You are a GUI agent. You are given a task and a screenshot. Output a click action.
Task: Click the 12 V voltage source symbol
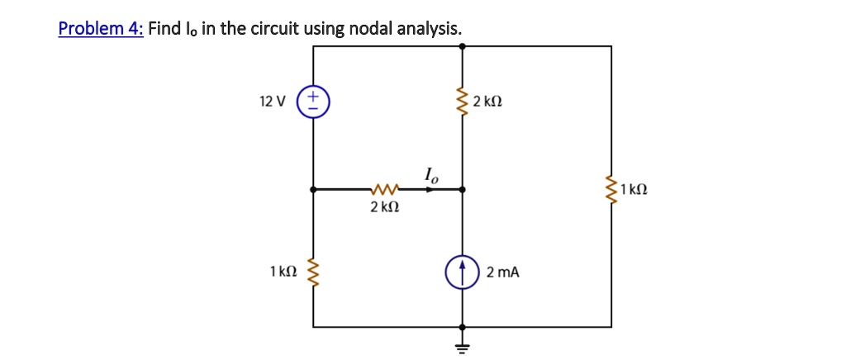pos(313,101)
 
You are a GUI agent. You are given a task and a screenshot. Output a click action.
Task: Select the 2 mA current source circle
pos(462,272)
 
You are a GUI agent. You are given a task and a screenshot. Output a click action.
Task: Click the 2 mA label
pos(503,272)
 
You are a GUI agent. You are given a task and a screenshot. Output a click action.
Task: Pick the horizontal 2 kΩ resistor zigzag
pos(385,189)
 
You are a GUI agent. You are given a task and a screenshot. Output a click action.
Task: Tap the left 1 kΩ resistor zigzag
pos(313,272)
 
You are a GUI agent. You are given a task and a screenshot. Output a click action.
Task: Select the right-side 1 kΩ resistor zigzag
pos(611,189)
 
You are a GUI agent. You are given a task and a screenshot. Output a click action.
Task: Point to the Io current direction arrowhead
pos(430,189)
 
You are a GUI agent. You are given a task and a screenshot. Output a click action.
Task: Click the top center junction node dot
pos(462,46)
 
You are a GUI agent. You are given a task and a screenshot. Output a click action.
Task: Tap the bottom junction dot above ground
pos(462,327)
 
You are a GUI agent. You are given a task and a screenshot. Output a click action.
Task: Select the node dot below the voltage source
pos(313,189)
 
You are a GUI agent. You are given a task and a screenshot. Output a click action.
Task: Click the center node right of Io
pos(462,189)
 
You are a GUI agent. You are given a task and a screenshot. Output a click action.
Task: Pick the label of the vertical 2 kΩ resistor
pos(487,102)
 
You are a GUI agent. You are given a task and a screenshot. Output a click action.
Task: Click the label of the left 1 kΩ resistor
pos(283,272)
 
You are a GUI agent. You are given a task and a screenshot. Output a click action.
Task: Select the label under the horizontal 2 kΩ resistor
pos(385,207)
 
